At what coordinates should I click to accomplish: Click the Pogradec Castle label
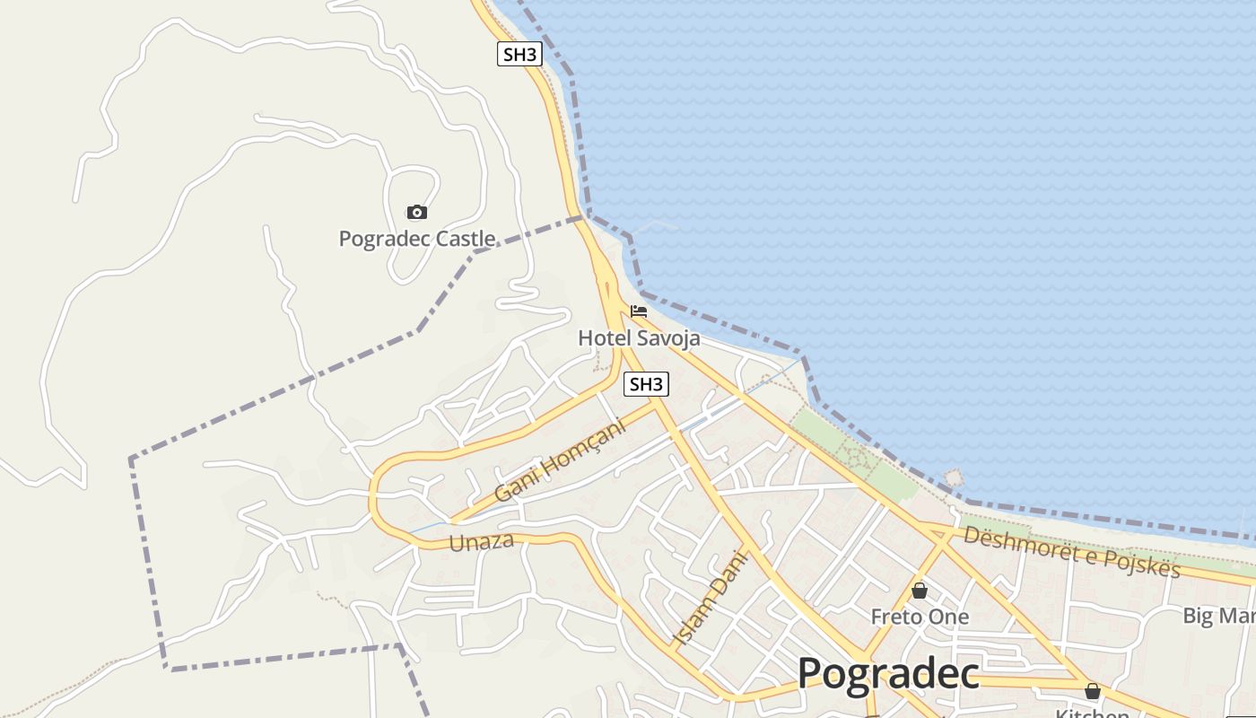pyautogui.click(x=416, y=239)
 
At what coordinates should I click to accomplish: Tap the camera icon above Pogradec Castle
pyautogui.click(x=416, y=213)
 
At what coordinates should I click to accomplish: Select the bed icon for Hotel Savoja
pyautogui.click(x=639, y=311)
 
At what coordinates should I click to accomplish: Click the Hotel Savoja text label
pyautogui.click(x=639, y=338)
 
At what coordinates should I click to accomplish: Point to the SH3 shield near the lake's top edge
pyautogui.click(x=519, y=54)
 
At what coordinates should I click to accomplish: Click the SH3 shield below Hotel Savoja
pyautogui.click(x=646, y=384)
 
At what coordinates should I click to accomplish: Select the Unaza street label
pyautogui.click(x=481, y=541)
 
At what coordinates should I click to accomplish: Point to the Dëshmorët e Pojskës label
pyautogui.click(x=1071, y=552)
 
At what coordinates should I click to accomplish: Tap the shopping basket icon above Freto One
pyautogui.click(x=920, y=591)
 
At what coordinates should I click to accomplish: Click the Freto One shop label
pyautogui.click(x=920, y=617)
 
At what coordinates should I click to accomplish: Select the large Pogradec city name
pyautogui.click(x=887, y=673)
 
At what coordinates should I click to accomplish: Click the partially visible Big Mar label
pyautogui.click(x=1218, y=616)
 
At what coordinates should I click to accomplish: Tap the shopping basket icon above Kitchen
pyautogui.click(x=1092, y=691)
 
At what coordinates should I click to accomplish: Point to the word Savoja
pyautogui.click(x=668, y=338)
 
